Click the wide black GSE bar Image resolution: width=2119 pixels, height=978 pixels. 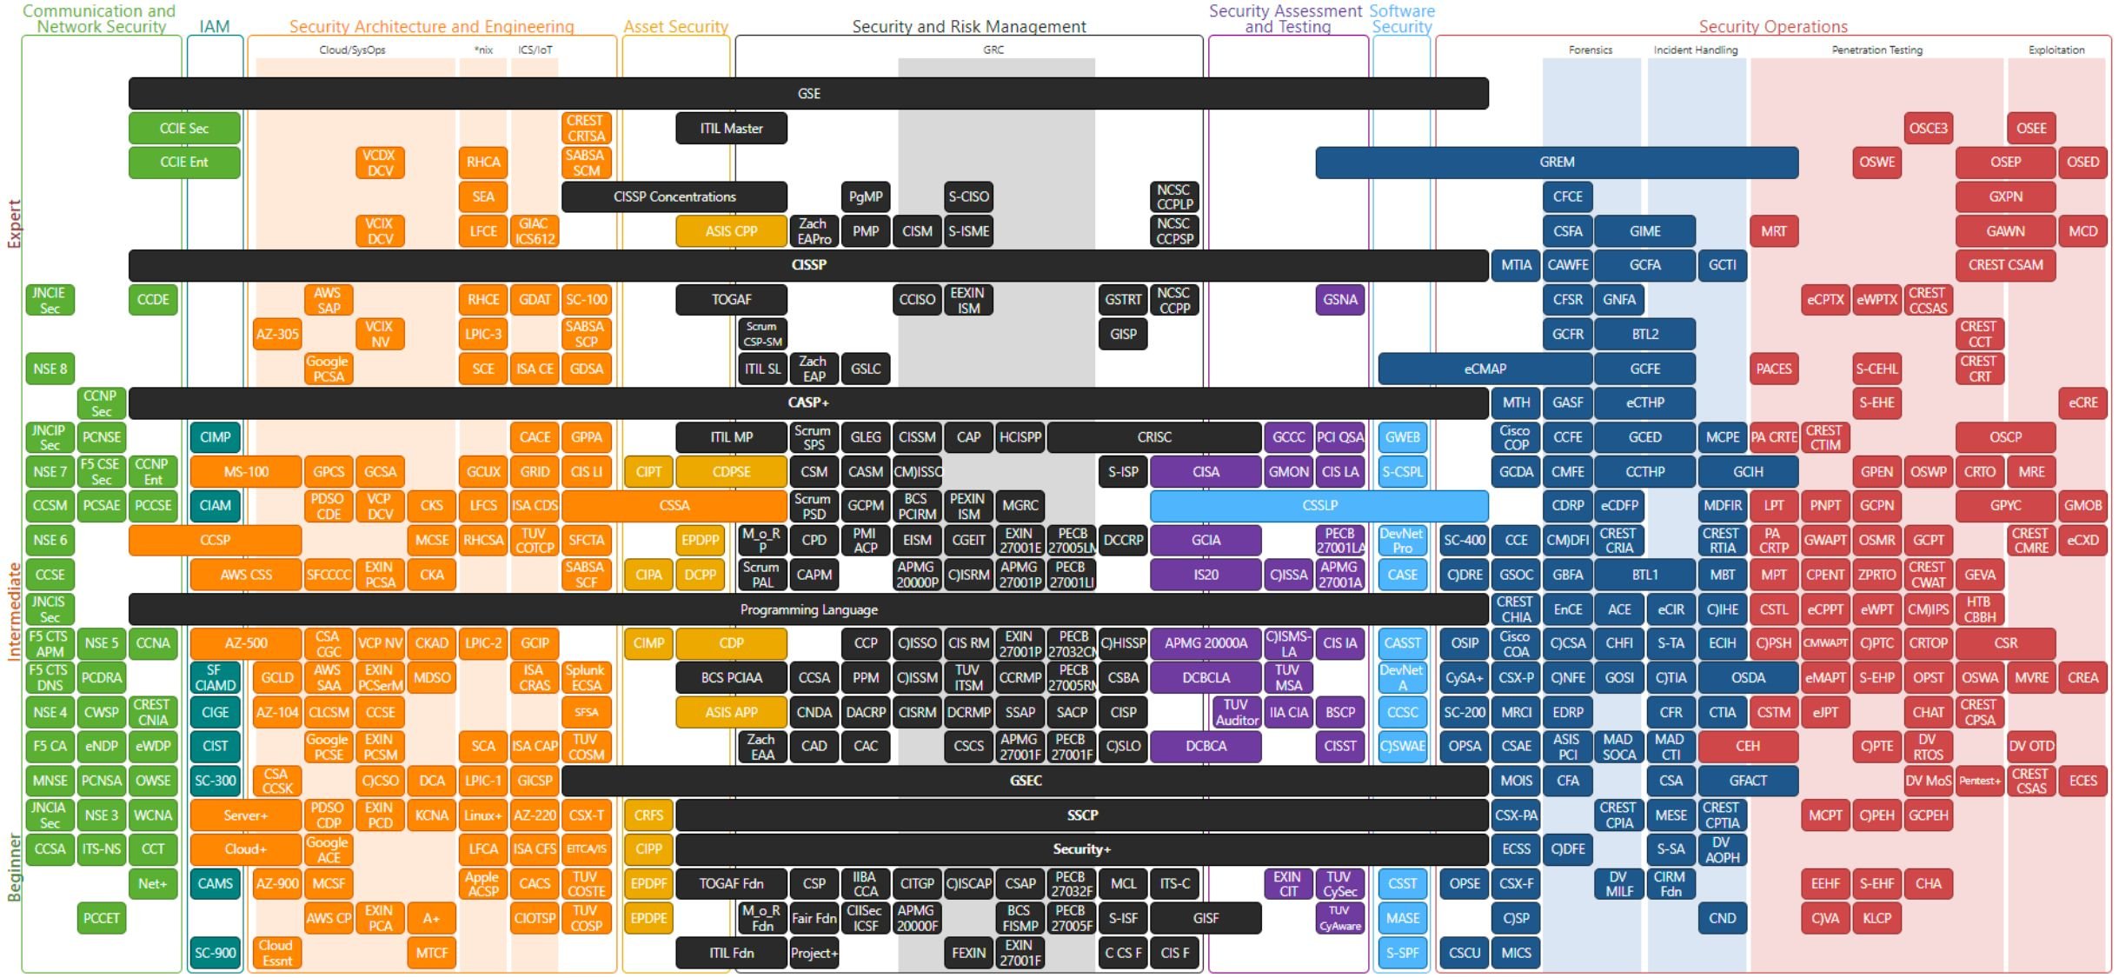(x=808, y=93)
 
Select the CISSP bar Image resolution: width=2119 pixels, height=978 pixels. (x=808, y=265)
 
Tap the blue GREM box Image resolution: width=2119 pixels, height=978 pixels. (x=1556, y=162)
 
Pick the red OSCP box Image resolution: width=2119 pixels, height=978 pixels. (x=2005, y=437)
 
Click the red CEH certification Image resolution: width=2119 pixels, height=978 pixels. (x=1747, y=746)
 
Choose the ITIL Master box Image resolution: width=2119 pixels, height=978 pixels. (x=731, y=128)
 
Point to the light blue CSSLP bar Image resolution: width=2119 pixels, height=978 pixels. (x=1319, y=505)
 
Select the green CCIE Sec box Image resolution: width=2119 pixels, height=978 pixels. (x=184, y=128)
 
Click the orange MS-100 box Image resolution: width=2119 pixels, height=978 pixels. (x=246, y=471)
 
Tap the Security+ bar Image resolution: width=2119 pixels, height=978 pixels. (x=1081, y=849)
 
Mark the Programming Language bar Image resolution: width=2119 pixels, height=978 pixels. (x=808, y=609)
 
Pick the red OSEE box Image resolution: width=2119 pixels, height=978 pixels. (x=2031, y=128)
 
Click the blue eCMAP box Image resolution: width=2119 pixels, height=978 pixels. (x=1485, y=369)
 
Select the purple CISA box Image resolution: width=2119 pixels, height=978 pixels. (x=1206, y=471)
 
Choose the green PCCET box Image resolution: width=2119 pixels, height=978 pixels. (x=102, y=918)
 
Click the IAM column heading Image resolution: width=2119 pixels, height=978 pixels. (x=215, y=26)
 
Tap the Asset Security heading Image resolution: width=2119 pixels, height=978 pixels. (x=675, y=26)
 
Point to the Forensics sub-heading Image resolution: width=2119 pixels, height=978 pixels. (x=1590, y=50)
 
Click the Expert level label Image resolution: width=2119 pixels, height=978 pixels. (x=13, y=223)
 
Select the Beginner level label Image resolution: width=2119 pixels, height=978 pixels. (x=13, y=867)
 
